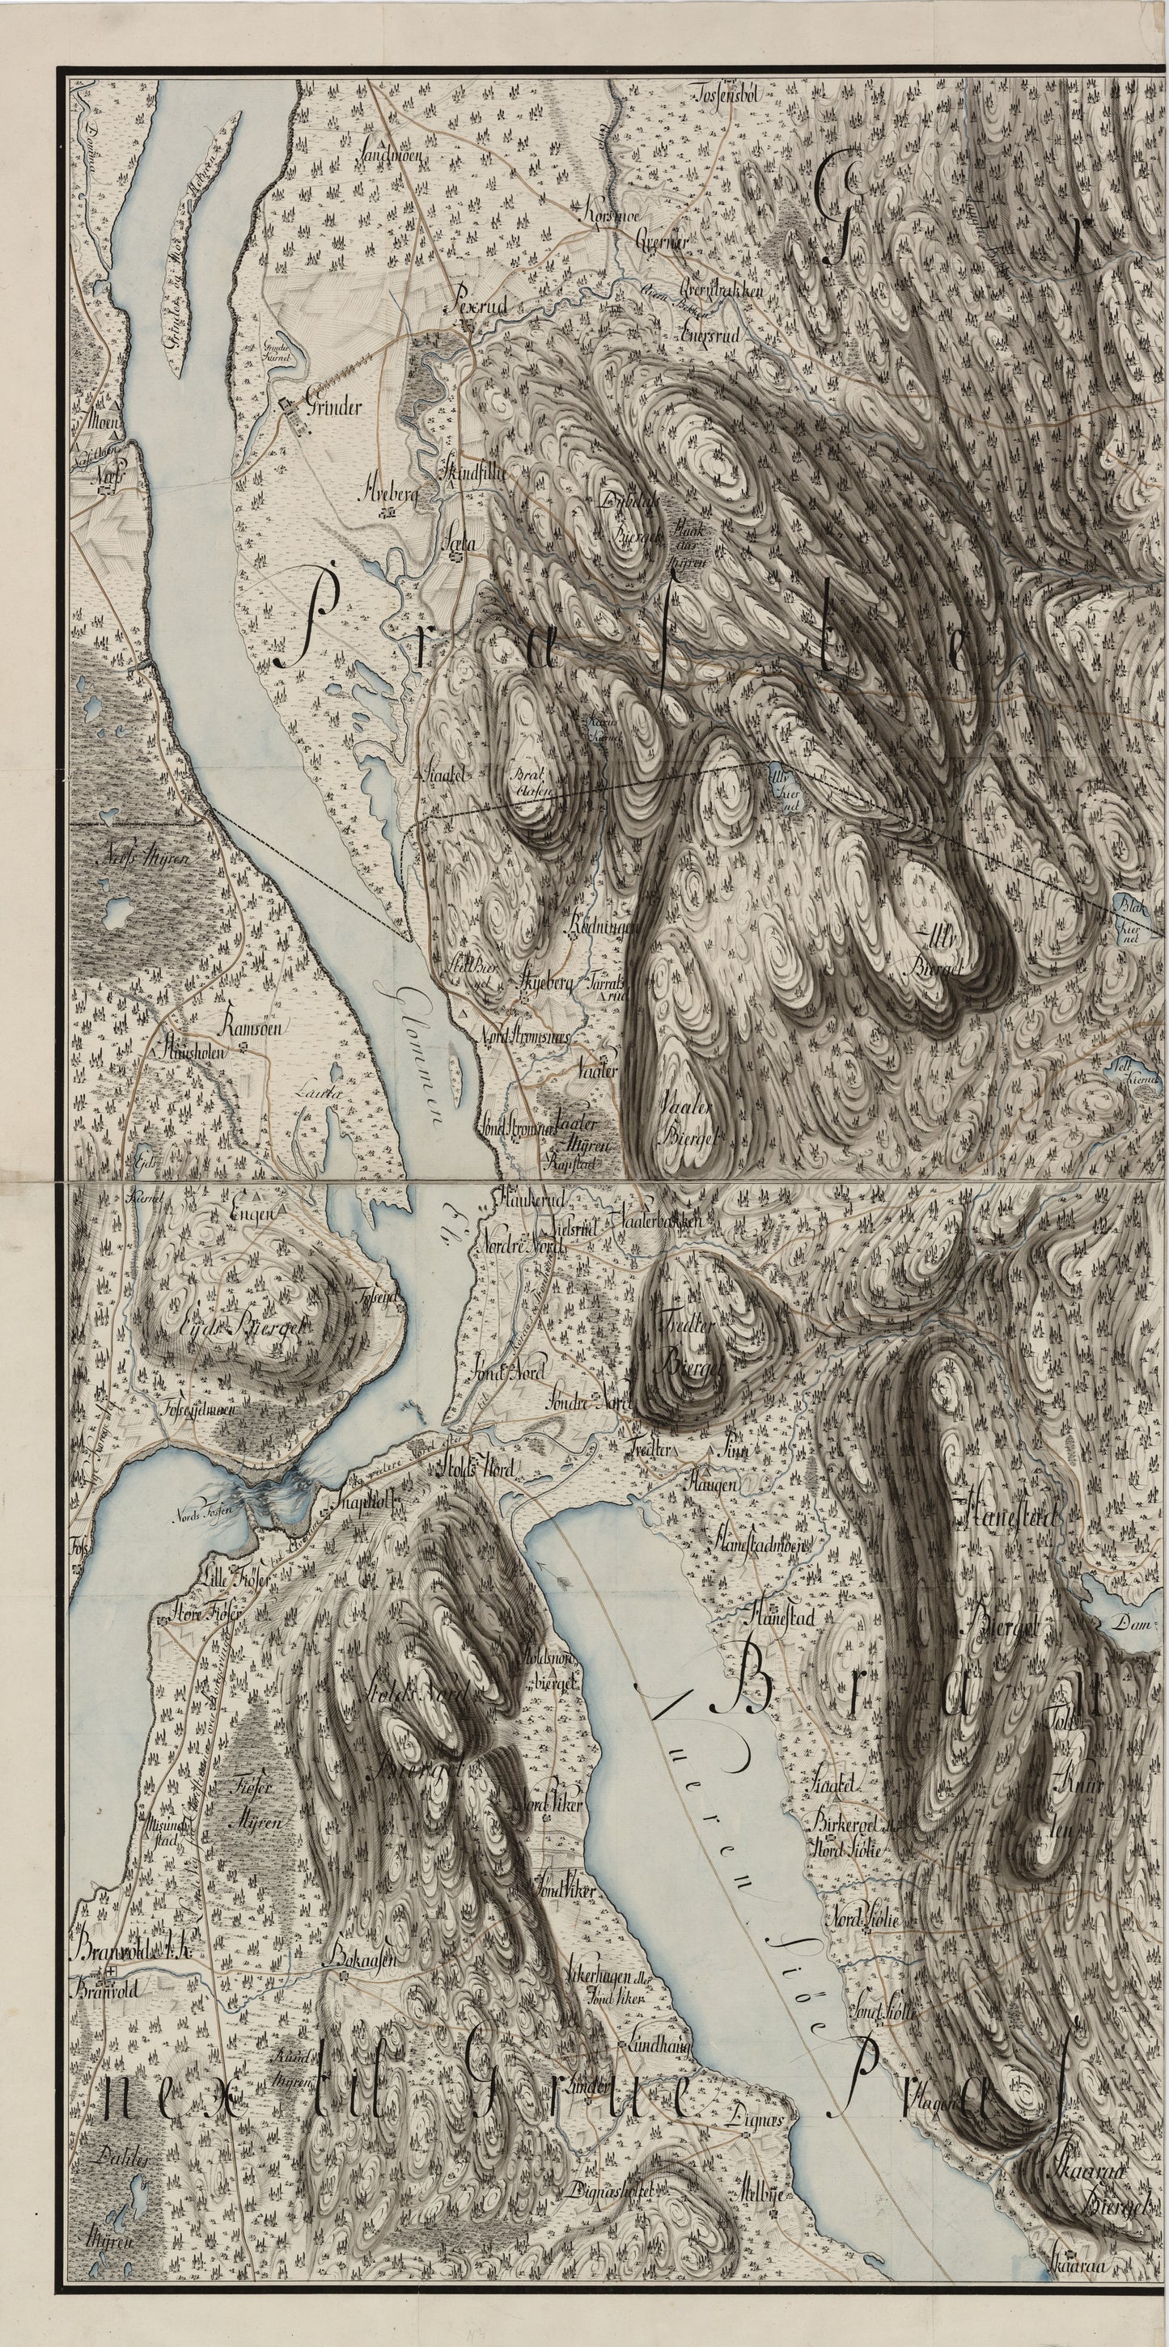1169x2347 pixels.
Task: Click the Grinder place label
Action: pos(334,408)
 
